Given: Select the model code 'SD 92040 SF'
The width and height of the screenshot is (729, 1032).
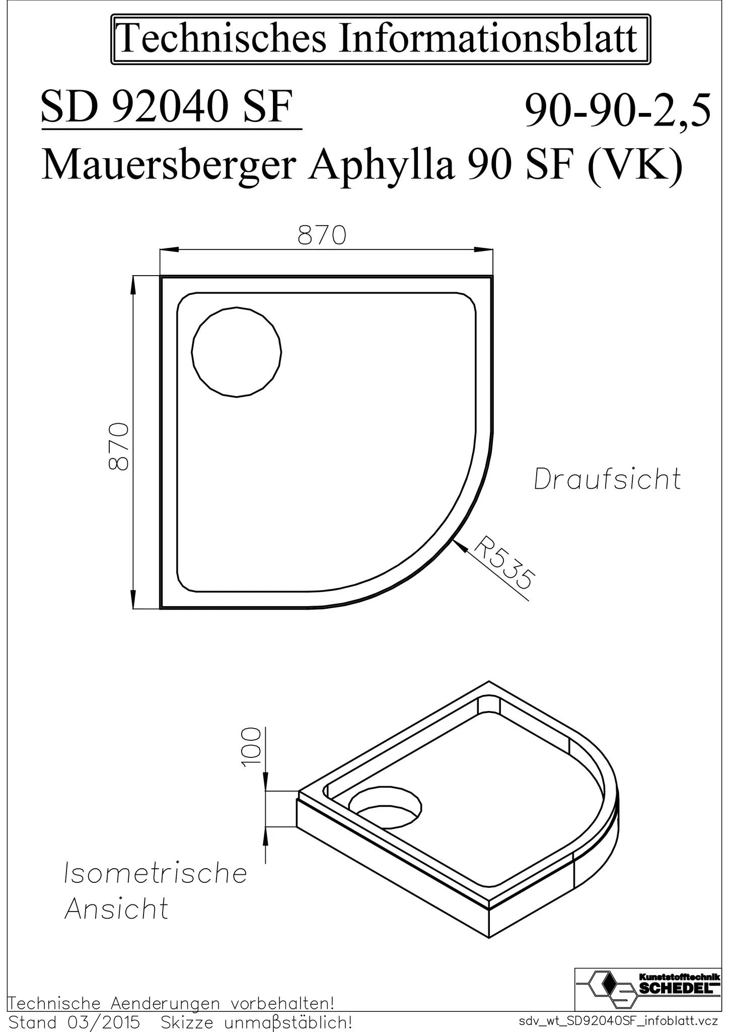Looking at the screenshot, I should pyautogui.click(x=167, y=108).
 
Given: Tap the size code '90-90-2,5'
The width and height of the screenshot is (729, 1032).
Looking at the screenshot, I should pyautogui.click(x=618, y=111).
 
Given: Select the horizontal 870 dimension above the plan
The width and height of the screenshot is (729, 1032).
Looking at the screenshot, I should pyautogui.click(x=322, y=235).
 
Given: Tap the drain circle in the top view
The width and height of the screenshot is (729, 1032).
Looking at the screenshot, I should pyautogui.click(x=237, y=352).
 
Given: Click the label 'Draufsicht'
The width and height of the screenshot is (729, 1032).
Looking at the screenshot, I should pyautogui.click(x=607, y=479).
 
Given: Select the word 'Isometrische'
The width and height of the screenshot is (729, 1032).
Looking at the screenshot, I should pyautogui.click(x=156, y=873).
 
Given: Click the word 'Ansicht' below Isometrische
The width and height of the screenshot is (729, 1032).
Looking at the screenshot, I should pyautogui.click(x=117, y=910).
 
